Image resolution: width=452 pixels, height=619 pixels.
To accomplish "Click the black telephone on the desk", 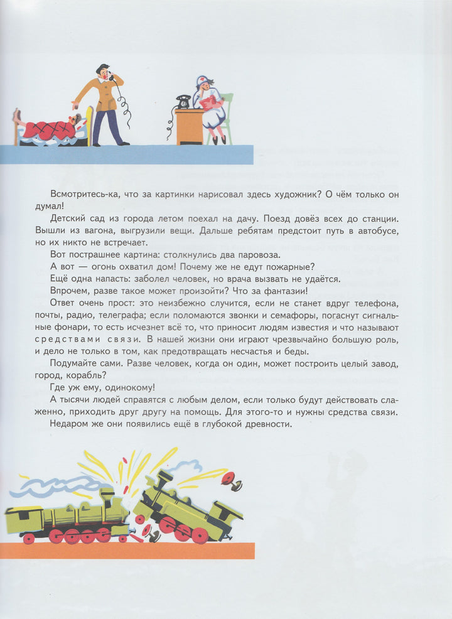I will tap(184, 101).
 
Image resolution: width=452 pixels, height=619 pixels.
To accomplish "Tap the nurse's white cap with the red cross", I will tap(203, 80).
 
